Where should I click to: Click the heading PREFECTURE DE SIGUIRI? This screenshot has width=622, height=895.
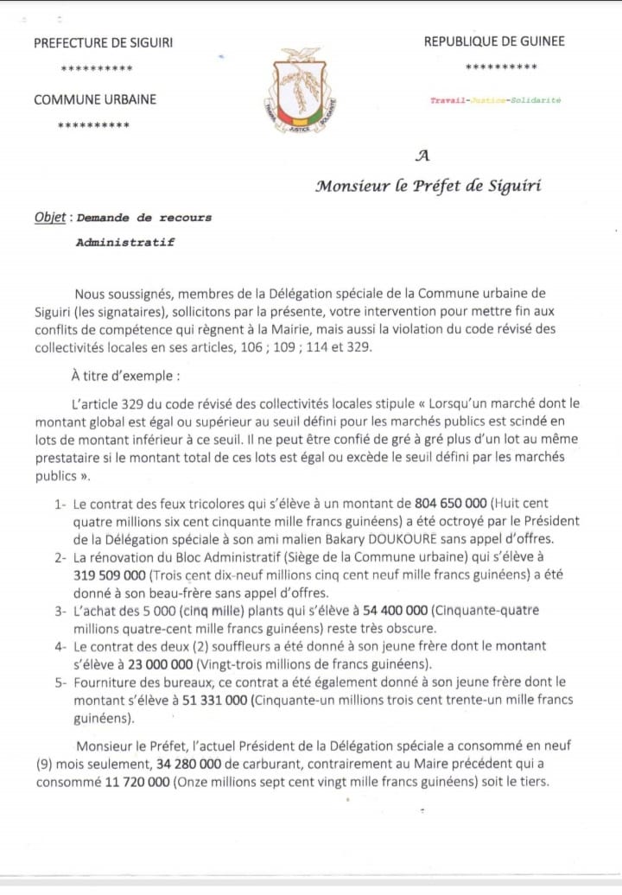coord(109,43)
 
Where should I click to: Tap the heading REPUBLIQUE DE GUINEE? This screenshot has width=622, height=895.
coord(494,41)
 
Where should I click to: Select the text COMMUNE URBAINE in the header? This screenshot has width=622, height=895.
coord(95,99)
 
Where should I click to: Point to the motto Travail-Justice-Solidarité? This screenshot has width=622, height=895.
coord(496,100)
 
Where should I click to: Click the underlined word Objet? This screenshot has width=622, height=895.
coord(49,218)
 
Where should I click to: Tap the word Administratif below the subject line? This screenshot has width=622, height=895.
coord(124,243)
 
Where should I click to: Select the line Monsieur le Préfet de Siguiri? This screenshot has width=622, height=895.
coord(428,185)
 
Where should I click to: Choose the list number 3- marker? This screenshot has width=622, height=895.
coord(60,610)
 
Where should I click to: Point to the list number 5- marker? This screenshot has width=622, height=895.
coord(60,682)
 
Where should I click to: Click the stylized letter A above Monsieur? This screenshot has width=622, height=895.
coord(422,156)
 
